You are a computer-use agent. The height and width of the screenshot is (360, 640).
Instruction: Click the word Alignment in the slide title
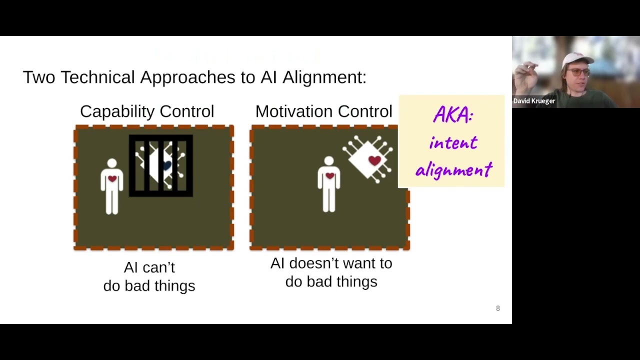[x=323, y=77]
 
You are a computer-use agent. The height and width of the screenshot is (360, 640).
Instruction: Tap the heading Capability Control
[x=146, y=111]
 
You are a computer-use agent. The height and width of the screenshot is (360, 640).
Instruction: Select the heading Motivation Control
[x=323, y=111]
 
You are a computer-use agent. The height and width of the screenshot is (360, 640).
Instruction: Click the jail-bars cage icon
[x=160, y=165]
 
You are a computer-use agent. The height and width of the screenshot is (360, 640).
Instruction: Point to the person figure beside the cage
[x=112, y=186]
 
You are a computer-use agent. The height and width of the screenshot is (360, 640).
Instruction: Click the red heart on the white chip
[x=374, y=160]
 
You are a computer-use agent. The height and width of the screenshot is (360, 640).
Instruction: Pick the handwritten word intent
[x=453, y=143]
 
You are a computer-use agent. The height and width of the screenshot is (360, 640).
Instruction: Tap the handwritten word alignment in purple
[x=454, y=170]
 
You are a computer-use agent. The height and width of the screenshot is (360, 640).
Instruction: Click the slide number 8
[x=497, y=308]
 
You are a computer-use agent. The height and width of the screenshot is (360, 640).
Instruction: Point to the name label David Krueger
[x=534, y=101]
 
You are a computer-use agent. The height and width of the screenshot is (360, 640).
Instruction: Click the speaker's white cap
[x=576, y=59]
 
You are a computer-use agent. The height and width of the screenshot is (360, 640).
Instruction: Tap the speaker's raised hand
[x=525, y=74]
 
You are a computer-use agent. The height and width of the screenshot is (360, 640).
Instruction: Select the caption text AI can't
[x=149, y=267]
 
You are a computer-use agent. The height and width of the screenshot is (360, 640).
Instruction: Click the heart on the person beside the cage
[x=112, y=178]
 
